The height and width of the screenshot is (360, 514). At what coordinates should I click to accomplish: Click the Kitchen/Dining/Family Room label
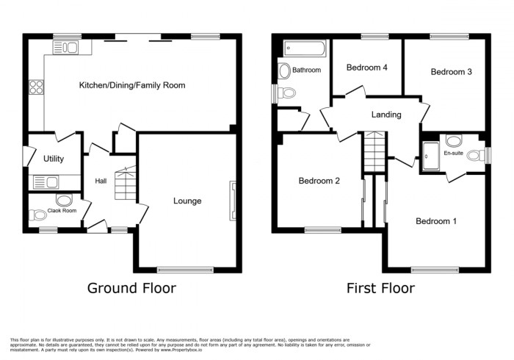coord(132,86)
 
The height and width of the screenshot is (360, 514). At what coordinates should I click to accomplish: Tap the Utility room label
coord(54,159)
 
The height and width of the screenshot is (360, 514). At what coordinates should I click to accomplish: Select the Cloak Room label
coord(62,211)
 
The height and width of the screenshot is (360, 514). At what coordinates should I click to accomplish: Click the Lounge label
coord(187,201)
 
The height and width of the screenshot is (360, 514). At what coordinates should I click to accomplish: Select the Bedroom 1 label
coord(436,220)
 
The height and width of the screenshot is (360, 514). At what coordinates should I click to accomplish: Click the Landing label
coord(386,115)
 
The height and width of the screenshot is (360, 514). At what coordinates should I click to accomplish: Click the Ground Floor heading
coord(131,288)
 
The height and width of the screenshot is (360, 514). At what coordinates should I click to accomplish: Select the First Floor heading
coord(380,288)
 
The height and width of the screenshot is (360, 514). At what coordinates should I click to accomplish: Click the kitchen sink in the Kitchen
coord(66,48)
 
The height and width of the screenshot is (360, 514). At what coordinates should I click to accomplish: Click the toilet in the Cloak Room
coord(37,215)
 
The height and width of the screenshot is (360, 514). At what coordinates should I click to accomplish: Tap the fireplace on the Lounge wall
coord(234,200)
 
